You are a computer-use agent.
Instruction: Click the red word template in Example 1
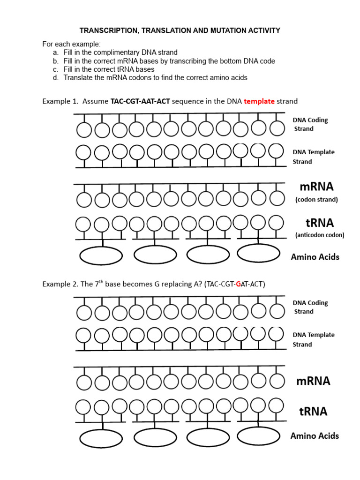(259, 101)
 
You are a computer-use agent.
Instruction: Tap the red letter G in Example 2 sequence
(239, 284)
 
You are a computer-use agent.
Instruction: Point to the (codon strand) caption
(316, 200)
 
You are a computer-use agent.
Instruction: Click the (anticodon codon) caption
(319, 235)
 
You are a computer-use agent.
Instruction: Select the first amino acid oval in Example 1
(101, 255)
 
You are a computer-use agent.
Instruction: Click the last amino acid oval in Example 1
(259, 253)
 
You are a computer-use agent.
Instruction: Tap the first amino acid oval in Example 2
(101, 438)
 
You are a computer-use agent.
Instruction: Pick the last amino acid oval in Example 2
(259, 436)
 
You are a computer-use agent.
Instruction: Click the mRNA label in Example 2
(313, 381)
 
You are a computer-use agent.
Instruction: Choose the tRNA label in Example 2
(313, 412)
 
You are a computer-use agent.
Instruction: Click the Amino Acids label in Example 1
(315, 257)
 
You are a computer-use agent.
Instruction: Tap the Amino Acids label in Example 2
(315, 436)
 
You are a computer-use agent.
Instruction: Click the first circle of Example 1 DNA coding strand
(84, 130)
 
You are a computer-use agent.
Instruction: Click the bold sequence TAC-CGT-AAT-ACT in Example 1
(140, 101)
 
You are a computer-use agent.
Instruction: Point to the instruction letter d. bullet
(55, 77)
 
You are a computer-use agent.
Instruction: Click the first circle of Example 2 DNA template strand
(84, 335)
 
